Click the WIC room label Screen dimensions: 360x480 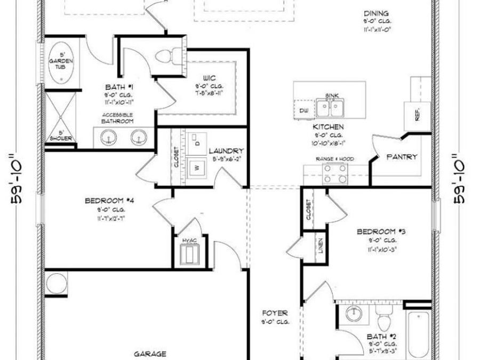[209, 77]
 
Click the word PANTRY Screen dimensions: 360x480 [402, 157]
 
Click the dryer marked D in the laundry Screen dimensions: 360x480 [197, 143]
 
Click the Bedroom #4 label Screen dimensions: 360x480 [109, 201]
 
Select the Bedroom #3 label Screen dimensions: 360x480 [381, 231]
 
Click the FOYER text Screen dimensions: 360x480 [275, 313]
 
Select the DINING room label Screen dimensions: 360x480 [376, 14]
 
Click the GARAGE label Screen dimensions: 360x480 [149, 353]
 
